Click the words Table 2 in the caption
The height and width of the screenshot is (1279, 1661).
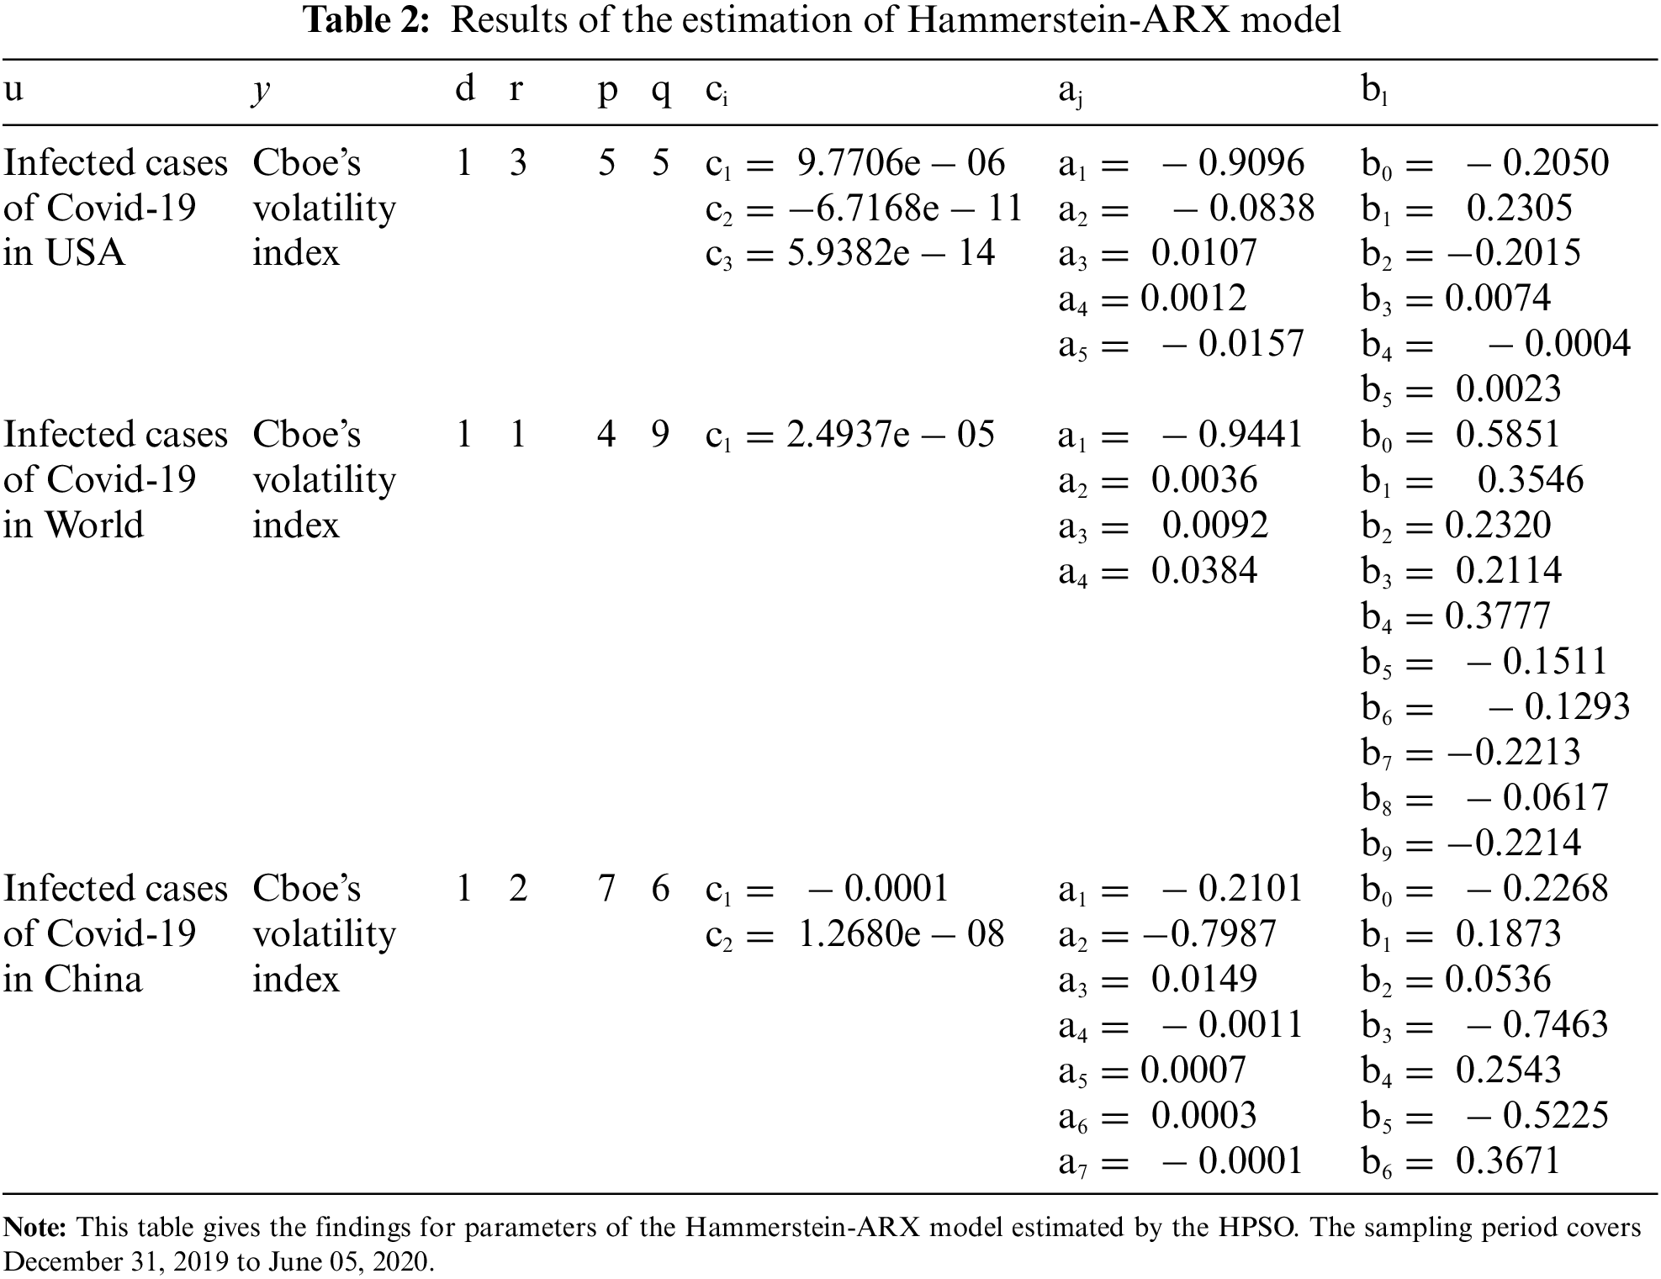click(x=368, y=20)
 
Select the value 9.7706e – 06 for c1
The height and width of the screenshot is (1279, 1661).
click(x=901, y=163)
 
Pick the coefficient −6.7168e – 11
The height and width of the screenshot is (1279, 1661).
click(x=905, y=209)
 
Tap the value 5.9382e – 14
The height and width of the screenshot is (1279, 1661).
click(x=891, y=253)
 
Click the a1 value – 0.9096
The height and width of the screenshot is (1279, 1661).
click(x=1233, y=163)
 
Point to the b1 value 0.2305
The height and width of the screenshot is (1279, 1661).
click(x=1519, y=209)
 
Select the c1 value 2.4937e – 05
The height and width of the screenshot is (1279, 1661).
click(x=891, y=435)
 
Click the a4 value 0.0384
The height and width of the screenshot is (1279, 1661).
click(x=1203, y=571)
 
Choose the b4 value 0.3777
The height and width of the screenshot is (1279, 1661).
click(x=1497, y=616)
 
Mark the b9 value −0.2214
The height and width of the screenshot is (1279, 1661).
click(x=1513, y=843)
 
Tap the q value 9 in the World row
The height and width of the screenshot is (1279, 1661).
click(x=660, y=435)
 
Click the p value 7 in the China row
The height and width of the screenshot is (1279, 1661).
click(x=606, y=889)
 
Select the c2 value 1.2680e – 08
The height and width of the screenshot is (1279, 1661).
click(x=901, y=934)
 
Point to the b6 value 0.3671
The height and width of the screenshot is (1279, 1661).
click(x=1508, y=1161)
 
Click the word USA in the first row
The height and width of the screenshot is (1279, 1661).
click(x=85, y=253)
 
